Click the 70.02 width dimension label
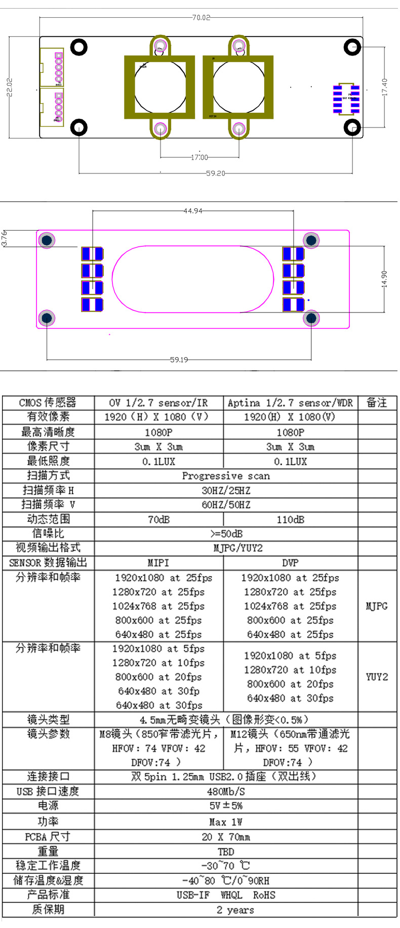(x=201, y=18)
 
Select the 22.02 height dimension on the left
(x=10, y=87)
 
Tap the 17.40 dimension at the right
(x=385, y=87)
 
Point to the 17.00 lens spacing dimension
(x=199, y=157)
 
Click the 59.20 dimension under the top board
(x=215, y=173)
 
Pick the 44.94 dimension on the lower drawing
(x=192, y=210)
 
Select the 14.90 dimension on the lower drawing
(x=384, y=279)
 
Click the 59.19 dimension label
(x=179, y=360)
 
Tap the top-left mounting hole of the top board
(x=79, y=48)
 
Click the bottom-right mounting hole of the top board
(x=352, y=127)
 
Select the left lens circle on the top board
(x=159, y=87)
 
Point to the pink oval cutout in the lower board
(x=192, y=279)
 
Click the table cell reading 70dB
(x=158, y=519)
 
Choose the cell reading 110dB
(x=290, y=519)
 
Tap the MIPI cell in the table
(x=158, y=563)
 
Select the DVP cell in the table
(x=290, y=563)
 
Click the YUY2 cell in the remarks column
(x=377, y=677)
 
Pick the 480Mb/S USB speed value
(x=226, y=791)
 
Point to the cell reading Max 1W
(x=226, y=822)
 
